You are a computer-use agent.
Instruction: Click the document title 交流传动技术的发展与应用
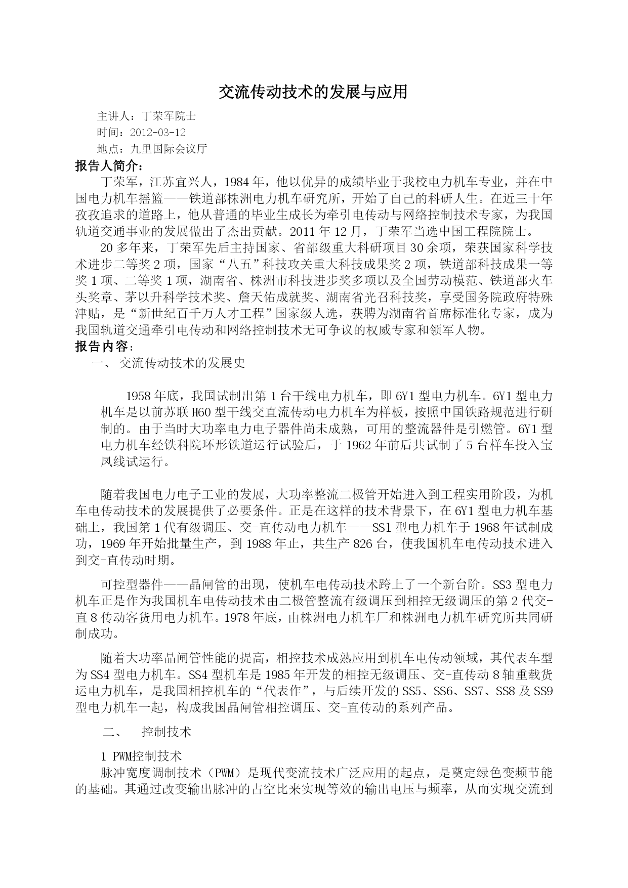point(313,92)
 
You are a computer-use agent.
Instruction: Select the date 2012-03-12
point(158,133)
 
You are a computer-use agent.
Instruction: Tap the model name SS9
point(542,691)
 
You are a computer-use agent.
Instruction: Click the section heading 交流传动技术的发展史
point(182,363)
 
